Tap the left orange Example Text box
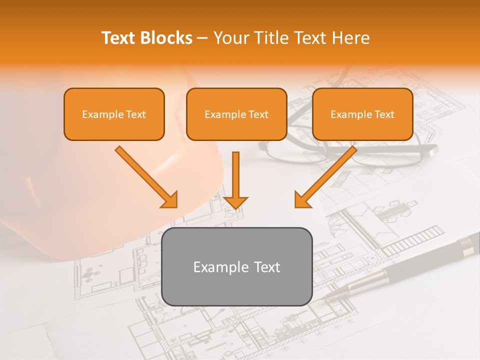point(114,114)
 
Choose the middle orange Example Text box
point(236,114)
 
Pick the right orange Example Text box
point(362,114)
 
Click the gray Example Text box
point(236,266)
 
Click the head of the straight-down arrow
point(235,202)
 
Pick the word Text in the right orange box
point(384,114)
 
